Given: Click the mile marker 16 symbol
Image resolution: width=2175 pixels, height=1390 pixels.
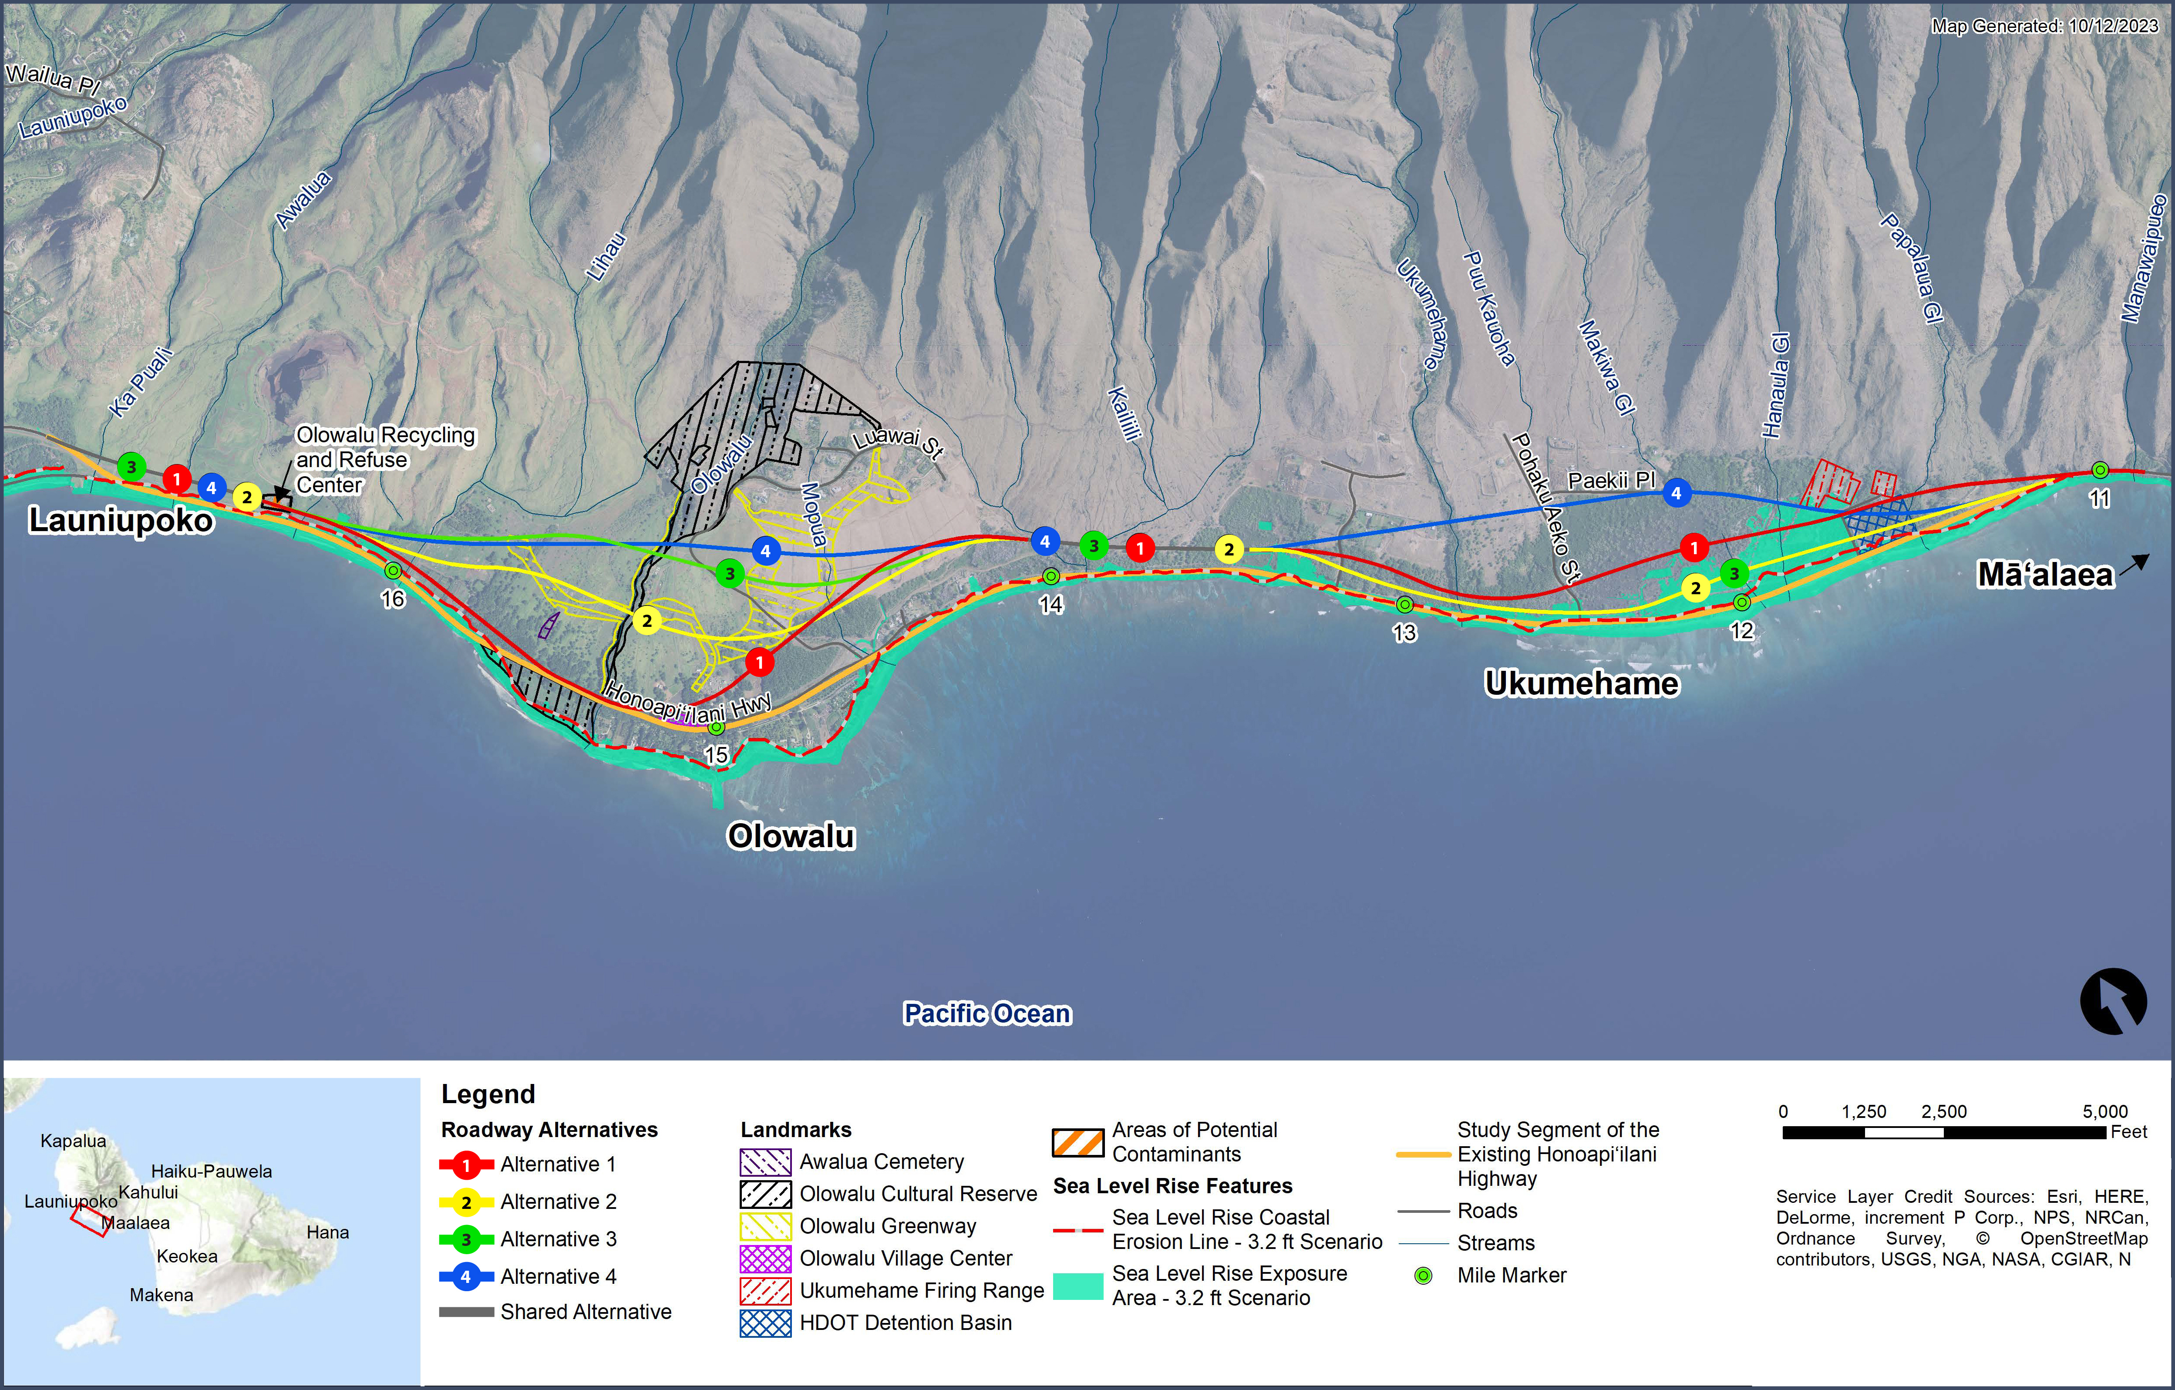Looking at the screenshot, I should click(x=393, y=571).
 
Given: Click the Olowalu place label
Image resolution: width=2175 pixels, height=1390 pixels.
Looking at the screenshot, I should click(x=791, y=836).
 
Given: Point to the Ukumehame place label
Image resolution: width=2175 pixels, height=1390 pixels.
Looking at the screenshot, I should click(x=1582, y=684).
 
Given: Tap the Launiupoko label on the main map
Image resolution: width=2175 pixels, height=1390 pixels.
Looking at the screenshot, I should click(x=121, y=520).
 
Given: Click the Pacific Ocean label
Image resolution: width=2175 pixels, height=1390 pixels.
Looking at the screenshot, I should click(x=987, y=1013).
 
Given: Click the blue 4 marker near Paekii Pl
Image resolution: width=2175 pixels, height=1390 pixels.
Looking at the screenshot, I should click(x=1677, y=493).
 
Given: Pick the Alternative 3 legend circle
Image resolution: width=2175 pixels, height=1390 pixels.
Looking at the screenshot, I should click(x=466, y=1239).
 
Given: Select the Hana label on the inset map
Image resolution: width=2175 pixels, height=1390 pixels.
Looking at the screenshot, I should click(x=327, y=1232).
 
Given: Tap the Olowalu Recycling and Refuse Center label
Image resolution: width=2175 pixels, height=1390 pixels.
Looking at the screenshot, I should click(x=385, y=460).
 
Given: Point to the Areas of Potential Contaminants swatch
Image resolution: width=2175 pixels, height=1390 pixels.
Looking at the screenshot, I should click(x=1077, y=1143).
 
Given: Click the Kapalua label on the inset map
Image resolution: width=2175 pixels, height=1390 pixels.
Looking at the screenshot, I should click(x=73, y=1141).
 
